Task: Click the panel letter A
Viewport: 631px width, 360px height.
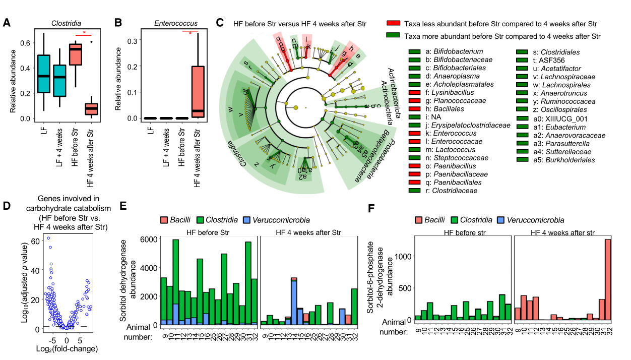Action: tap(7, 22)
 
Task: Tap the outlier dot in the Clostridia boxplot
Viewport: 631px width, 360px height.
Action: tap(91, 42)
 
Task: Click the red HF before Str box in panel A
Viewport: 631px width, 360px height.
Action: tap(76, 54)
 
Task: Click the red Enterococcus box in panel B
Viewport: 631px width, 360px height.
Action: tap(198, 91)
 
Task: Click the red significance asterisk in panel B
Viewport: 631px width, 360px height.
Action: tap(190, 33)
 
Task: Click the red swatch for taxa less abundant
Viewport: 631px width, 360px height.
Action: tap(393, 24)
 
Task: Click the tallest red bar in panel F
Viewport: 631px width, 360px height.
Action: tap(607, 280)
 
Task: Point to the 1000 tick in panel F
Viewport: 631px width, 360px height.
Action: tap(403, 256)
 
